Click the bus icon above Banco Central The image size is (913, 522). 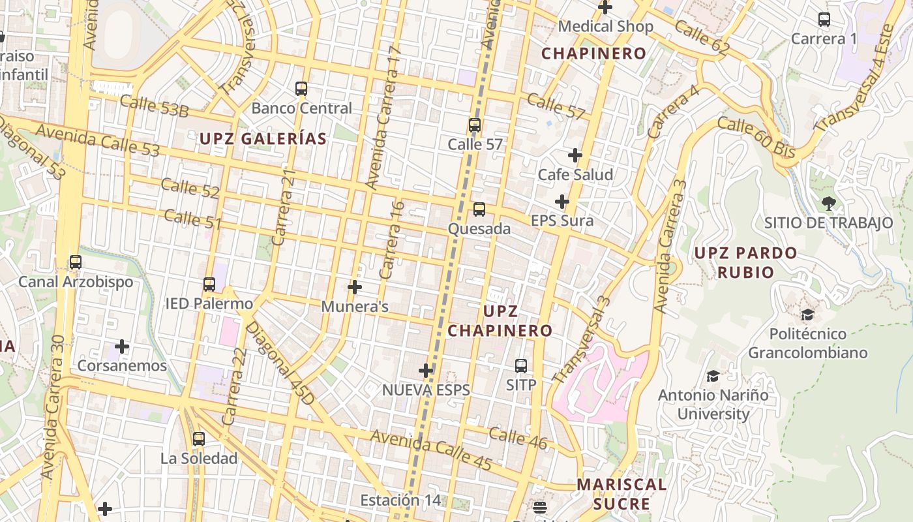pos(301,89)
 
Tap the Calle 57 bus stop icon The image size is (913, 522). pos(475,125)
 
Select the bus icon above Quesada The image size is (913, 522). pos(479,209)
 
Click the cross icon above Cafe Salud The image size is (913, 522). pos(575,155)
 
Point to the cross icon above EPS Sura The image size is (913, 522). pos(562,202)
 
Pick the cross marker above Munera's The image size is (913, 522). pos(355,287)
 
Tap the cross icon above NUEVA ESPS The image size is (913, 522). pos(426,371)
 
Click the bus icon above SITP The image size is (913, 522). pos(521,366)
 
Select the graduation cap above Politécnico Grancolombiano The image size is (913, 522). pos(807,315)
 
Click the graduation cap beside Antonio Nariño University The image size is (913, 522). pos(713,376)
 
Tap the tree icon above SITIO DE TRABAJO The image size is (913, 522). pos(829,203)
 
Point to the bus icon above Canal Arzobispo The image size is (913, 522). pos(76,262)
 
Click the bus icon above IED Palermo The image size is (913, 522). pos(209,284)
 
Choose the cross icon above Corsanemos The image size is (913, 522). pos(122,346)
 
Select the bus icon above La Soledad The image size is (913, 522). pos(199,439)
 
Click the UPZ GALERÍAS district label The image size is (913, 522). pos(263,138)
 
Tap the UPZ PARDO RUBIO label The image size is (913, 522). pos(745,262)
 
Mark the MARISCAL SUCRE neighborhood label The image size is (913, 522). pos(622,494)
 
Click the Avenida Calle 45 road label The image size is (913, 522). pos(431,450)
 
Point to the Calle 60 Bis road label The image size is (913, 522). pos(756,137)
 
